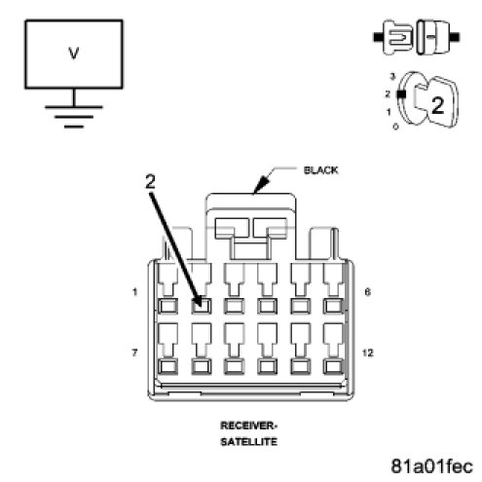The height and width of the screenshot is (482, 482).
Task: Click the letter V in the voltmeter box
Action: point(74,54)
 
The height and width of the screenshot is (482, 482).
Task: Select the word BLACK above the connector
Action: point(320,170)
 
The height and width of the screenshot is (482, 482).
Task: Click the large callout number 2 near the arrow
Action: point(150,182)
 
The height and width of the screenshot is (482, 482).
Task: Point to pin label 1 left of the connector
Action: point(135,292)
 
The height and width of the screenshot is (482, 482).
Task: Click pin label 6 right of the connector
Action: point(367,292)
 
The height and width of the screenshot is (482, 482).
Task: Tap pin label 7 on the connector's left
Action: point(135,352)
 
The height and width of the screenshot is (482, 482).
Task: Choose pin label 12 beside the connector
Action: point(368,352)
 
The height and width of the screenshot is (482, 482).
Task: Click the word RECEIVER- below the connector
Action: point(248,426)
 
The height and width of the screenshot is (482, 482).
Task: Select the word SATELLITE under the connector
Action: point(249,442)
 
